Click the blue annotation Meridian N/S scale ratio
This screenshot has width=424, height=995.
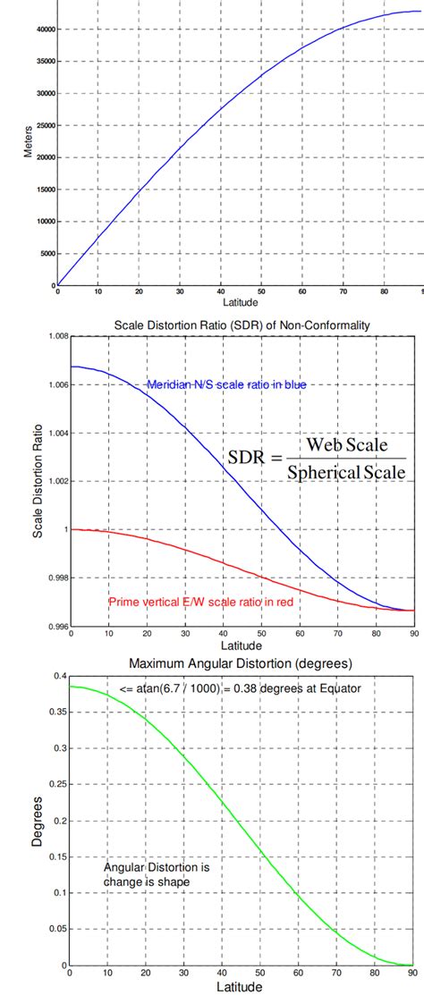227,384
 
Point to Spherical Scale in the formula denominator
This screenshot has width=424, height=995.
346,470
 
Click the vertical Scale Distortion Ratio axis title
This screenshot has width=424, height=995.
38,479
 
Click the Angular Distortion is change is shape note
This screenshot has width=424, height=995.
148,873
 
